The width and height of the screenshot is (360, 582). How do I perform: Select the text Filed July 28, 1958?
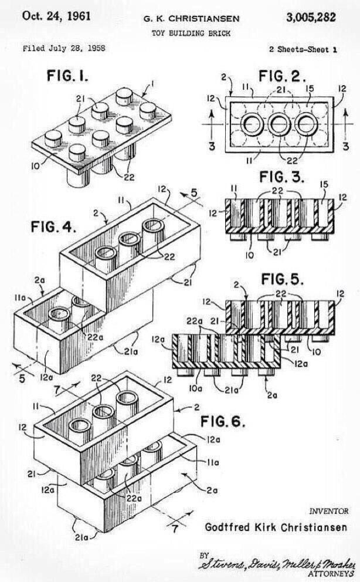point(63,49)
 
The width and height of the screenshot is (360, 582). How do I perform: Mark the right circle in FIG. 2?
point(305,124)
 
